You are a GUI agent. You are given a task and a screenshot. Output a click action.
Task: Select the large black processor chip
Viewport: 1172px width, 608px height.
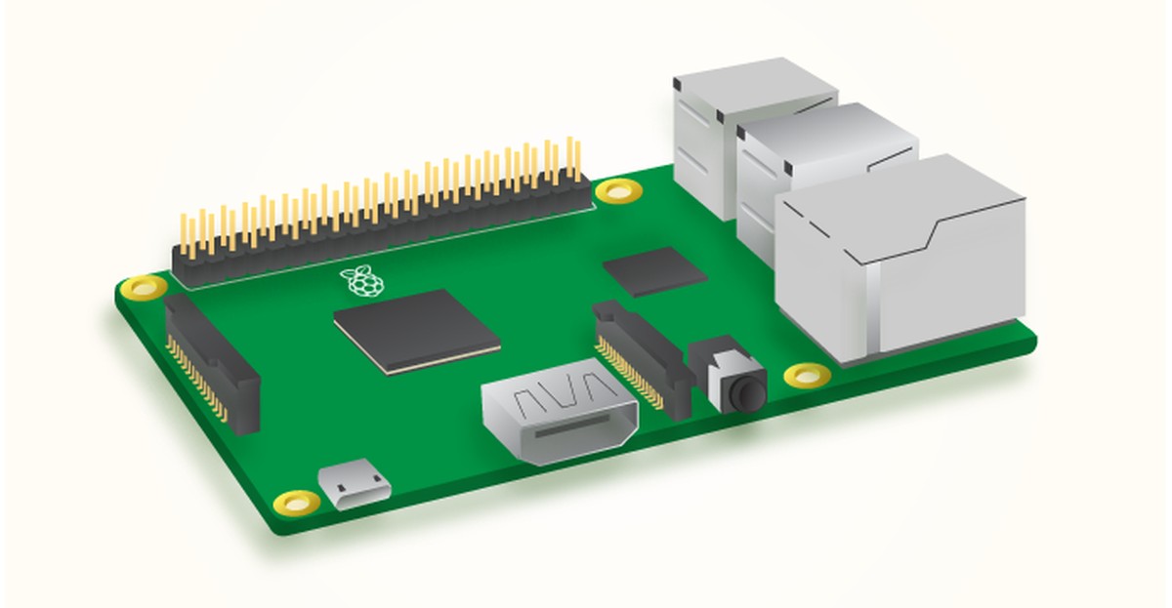point(417,329)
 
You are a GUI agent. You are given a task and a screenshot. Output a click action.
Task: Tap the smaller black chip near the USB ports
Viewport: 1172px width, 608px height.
point(654,270)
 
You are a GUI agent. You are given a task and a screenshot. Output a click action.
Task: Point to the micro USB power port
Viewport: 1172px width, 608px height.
point(355,486)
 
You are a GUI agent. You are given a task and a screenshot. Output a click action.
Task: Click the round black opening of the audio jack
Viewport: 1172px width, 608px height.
point(749,393)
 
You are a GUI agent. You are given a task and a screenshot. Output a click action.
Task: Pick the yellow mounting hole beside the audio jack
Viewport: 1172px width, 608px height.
point(807,374)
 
